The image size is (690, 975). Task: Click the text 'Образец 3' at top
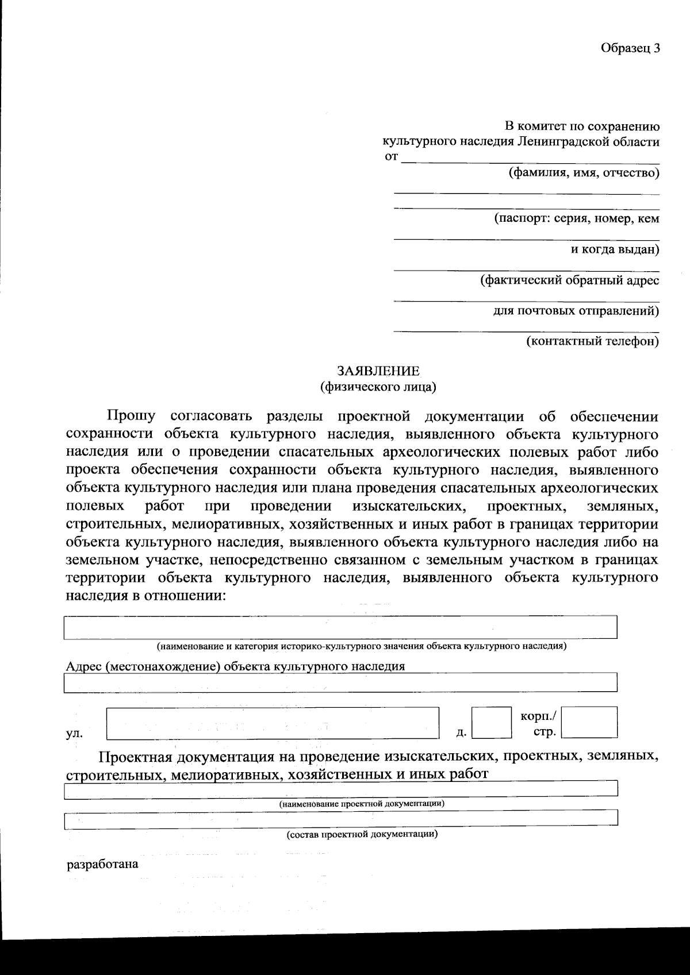[x=630, y=48]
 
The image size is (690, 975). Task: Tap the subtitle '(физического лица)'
[x=378, y=387]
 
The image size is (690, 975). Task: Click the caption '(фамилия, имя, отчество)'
[x=583, y=172]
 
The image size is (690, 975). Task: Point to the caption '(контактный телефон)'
[x=592, y=341]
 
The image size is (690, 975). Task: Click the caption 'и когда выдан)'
[x=615, y=249]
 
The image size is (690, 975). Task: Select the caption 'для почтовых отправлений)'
[x=576, y=311]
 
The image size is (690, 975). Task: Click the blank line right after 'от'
[x=529, y=159]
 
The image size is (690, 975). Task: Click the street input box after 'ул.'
[x=273, y=722]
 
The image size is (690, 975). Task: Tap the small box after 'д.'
[x=491, y=722]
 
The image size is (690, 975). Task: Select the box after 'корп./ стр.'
[x=589, y=722]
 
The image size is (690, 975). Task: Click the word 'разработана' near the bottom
[x=103, y=864]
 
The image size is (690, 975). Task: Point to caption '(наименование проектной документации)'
[x=362, y=803]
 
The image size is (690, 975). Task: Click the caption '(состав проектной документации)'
[x=362, y=834]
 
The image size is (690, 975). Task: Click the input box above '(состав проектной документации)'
[x=340, y=819]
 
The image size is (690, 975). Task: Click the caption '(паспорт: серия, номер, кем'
[x=577, y=219]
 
